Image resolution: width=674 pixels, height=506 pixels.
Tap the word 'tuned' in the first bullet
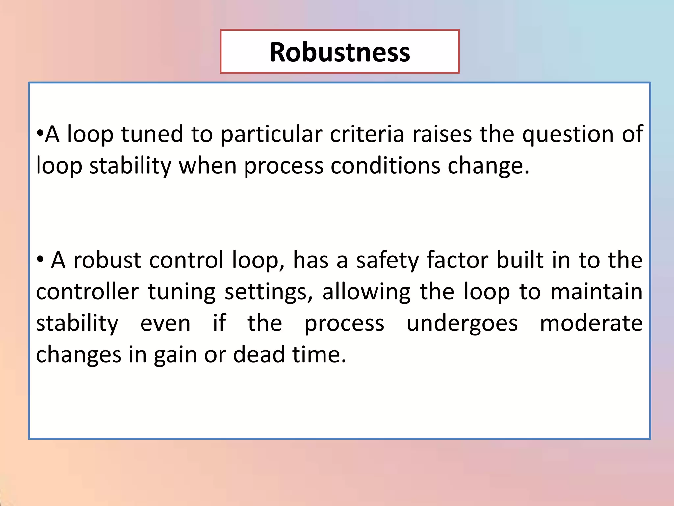152,134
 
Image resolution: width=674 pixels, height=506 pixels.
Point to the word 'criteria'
367,134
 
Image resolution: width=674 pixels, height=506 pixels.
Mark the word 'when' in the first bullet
207,166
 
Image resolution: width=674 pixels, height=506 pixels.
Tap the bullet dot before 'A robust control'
40,259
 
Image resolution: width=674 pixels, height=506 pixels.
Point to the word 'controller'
87,292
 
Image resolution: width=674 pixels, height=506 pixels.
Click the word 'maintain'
596,292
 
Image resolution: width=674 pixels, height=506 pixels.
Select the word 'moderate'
591,323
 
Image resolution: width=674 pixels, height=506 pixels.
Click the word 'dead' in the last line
259,355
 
